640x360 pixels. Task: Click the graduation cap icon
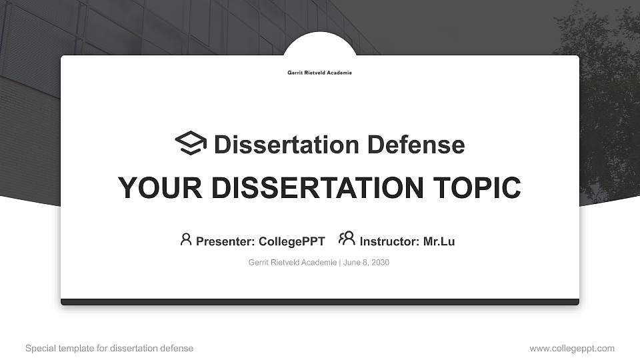click(191, 143)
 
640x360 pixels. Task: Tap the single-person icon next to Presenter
click(186, 239)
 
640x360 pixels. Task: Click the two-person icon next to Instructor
click(347, 238)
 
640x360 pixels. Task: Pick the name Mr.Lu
click(439, 241)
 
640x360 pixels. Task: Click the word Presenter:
click(225, 241)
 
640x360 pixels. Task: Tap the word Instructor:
click(389, 241)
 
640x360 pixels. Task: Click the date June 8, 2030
click(366, 263)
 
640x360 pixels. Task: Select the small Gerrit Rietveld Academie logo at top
click(319, 73)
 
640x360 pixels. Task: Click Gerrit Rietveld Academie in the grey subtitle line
click(293, 263)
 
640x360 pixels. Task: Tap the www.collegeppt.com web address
click(572, 348)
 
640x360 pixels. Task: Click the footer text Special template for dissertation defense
click(109, 348)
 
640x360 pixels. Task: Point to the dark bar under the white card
click(320, 302)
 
